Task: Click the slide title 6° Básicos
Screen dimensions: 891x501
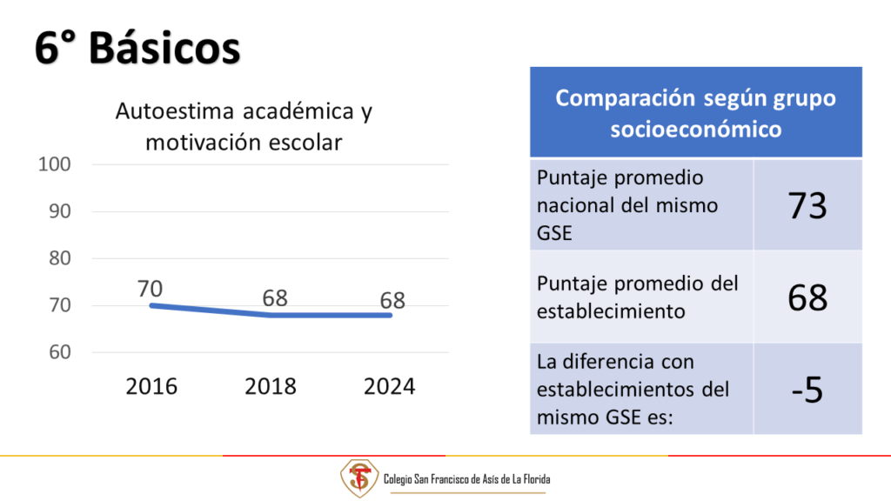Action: pos(137,48)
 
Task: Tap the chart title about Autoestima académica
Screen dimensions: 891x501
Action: pos(244,127)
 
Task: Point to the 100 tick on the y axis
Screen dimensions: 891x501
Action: pos(55,164)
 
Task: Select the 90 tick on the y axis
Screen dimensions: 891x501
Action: pos(60,211)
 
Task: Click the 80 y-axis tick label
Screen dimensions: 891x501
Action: pos(60,258)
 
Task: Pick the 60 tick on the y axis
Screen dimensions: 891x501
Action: pos(60,352)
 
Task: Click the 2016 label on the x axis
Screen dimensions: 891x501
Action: pos(151,387)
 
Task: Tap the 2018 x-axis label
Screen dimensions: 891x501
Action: pos(271,387)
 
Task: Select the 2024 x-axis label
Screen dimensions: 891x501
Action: pos(389,387)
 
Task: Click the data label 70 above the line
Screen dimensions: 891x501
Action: pos(150,289)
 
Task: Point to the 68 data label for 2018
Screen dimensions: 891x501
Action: pos(275,298)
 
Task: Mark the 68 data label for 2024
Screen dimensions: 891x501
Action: pos(392,300)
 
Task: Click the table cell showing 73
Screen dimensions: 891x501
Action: pos(807,205)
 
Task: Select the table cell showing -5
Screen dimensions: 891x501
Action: pos(807,390)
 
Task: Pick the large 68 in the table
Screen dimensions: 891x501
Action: pos(807,297)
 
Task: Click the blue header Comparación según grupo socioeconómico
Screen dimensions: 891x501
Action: pos(696,112)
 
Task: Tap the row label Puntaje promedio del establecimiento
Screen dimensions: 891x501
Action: pos(638,297)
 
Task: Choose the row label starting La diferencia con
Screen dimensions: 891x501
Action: pos(633,390)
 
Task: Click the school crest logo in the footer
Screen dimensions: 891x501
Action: pos(359,478)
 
